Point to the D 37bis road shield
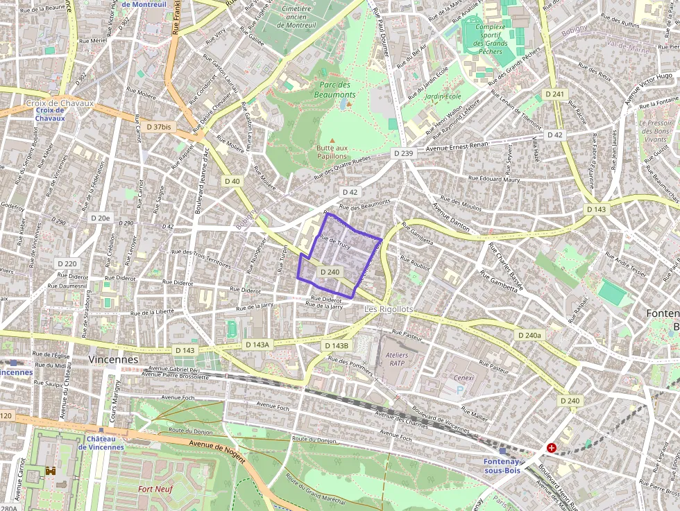coord(159,127)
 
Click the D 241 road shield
coord(555,94)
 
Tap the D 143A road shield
coord(257,345)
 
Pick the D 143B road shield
coord(336,345)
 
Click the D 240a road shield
coord(530,335)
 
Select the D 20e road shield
coord(101,218)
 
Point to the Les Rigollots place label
coord(389,309)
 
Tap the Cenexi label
coord(464,378)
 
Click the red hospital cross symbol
coord(552,448)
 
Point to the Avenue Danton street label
coord(452,216)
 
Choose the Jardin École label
coord(443,96)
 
